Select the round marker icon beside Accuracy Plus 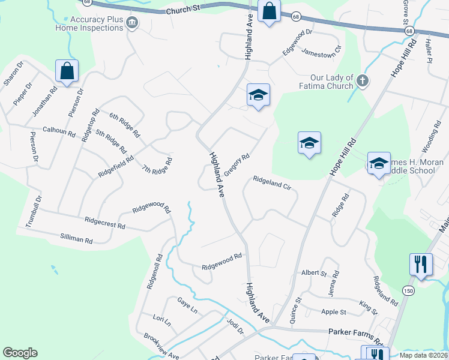click(133, 23)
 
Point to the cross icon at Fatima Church click(361, 80)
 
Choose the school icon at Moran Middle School click(378, 163)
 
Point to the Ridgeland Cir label click(271, 182)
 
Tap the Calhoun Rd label click(59, 131)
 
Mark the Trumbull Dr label click(34, 211)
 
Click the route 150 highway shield click(408, 290)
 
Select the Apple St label click(334, 312)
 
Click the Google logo click(20, 353)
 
